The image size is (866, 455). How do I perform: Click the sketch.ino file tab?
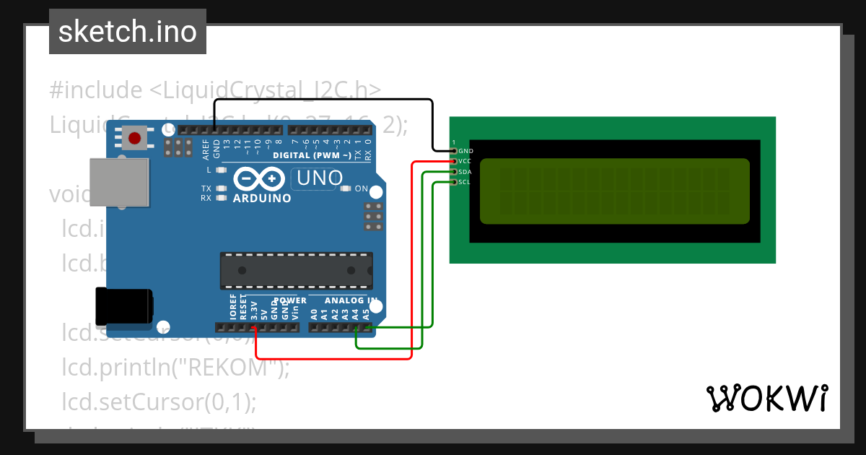pos(128,32)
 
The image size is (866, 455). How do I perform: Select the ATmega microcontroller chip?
pos(297,271)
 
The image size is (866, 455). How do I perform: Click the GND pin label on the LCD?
pos(465,151)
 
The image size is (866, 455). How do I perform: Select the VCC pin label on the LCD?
pos(465,161)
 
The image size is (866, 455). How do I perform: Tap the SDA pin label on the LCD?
pos(465,172)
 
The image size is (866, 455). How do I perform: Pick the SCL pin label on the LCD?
pos(465,182)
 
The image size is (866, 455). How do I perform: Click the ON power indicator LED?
pos(346,189)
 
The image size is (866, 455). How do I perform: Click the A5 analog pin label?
pos(366,314)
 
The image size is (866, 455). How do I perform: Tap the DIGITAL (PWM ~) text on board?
pos(312,155)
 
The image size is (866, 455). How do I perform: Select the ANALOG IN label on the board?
pos(351,300)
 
